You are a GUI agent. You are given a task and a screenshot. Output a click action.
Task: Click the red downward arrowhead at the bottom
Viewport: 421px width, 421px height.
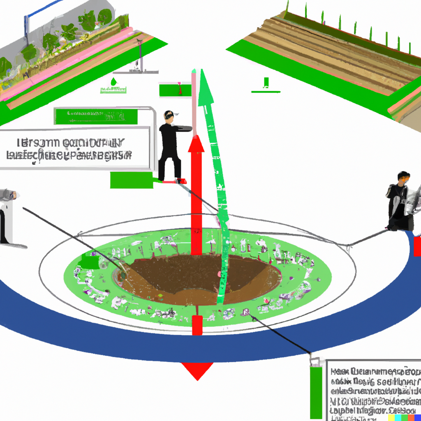click(x=198, y=370)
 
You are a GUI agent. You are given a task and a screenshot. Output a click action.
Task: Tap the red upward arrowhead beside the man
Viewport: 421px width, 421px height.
click(x=197, y=144)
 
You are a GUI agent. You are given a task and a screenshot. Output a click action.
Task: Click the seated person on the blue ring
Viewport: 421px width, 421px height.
click(x=400, y=201)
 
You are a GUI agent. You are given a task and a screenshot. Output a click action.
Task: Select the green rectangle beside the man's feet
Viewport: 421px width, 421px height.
click(x=131, y=180)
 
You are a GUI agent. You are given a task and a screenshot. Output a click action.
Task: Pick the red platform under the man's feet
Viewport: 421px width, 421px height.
click(x=174, y=181)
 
